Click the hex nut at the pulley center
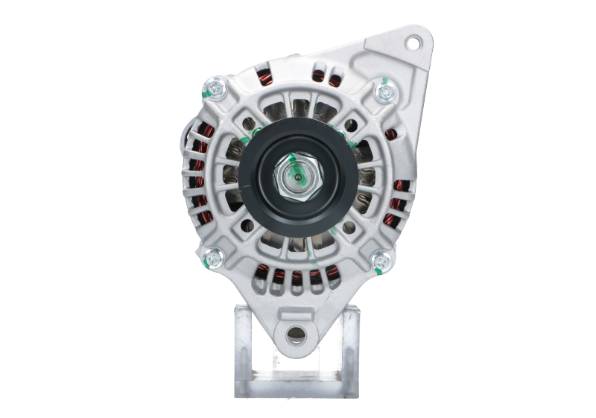point(297,179)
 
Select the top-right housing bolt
point(384,92)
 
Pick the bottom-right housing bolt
point(381,260)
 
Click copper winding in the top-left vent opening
point(263,77)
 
